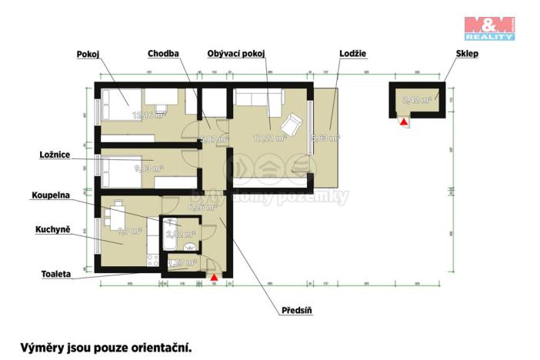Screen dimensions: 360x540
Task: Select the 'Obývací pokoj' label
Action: [236, 55]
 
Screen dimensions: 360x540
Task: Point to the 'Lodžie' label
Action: [352, 55]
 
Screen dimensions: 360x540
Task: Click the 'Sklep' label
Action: [445, 55]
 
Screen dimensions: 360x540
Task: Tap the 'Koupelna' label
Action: [51, 195]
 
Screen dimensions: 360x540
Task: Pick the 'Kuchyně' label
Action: [53, 230]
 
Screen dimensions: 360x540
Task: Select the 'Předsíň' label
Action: [295, 312]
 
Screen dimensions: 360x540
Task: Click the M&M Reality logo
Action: [488, 27]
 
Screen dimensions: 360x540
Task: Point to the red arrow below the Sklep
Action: [403, 120]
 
